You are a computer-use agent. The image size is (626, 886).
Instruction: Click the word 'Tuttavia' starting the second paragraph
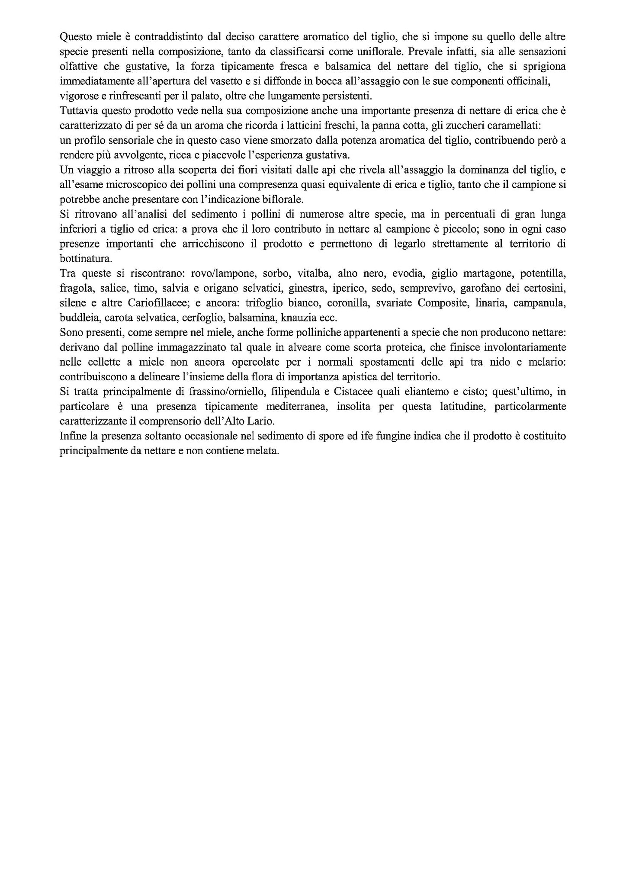76,111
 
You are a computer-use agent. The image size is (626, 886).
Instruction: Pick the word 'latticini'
301,125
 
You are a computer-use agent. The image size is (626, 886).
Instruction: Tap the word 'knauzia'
301,318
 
